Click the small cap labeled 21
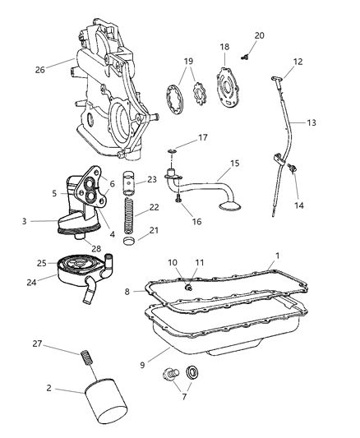[129, 244]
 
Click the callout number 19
[187, 62]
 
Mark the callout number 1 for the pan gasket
[277, 256]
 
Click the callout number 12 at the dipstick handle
[298, 62]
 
